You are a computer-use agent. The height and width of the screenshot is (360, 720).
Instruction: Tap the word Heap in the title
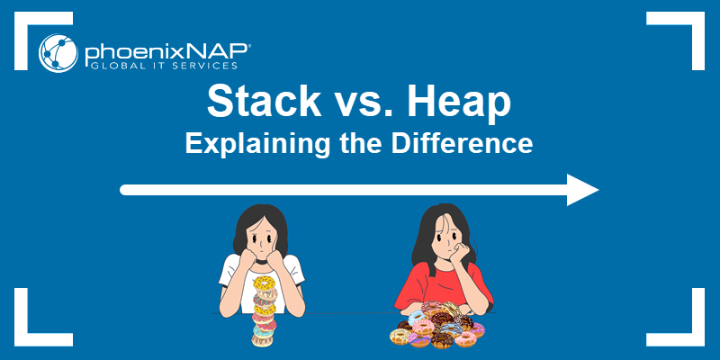pos(459,103)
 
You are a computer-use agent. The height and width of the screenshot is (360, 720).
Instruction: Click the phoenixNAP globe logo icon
pos(58,53)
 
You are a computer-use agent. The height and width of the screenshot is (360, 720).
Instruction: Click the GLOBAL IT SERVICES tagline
pos(164,66)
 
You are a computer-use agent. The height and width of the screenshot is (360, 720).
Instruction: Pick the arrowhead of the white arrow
pos(582,190)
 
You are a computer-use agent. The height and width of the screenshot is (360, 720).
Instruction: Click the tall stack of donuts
pos(265,311)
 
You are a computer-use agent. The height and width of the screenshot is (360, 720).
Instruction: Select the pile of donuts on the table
pos(437,325)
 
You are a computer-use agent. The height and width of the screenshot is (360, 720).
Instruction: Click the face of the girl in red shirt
pos(445,239)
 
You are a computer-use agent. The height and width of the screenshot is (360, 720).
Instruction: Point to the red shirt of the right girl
pos(440,284)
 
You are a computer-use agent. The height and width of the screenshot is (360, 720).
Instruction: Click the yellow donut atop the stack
pos(264,282)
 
